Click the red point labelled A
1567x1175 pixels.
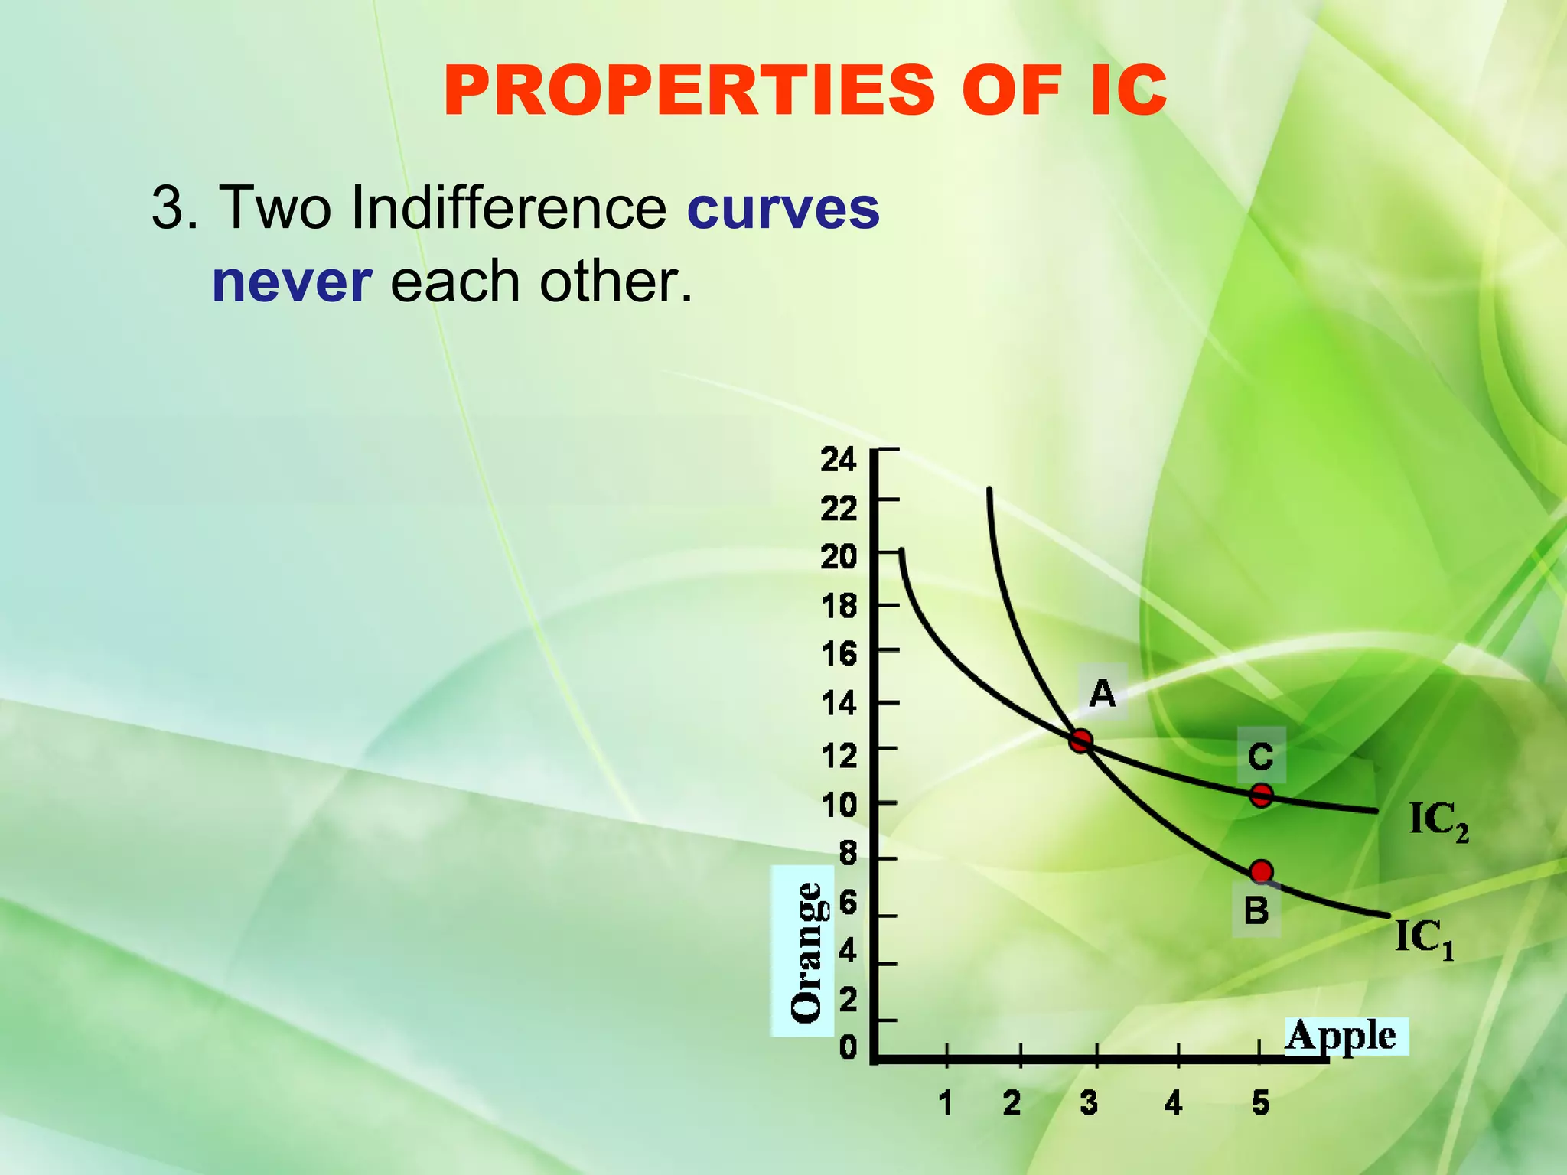[x=1080, y=740]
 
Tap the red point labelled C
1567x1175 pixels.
[x=1261, y=796]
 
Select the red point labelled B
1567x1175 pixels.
[x=1261, y=871]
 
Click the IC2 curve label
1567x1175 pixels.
[x=1438, y=822]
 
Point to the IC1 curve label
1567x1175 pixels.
[x=1424, y=938]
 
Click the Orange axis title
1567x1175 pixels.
[x=805, y=952]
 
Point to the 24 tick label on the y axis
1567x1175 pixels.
[x=839, y=460]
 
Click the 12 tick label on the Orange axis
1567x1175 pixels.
[x=839, y=756]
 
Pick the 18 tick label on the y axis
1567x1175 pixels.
[x=839, y=607]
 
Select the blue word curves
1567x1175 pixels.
[x=783, y=208]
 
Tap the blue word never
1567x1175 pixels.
[x=292, y=282]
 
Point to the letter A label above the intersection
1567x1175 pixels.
[x=1102, y=694]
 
